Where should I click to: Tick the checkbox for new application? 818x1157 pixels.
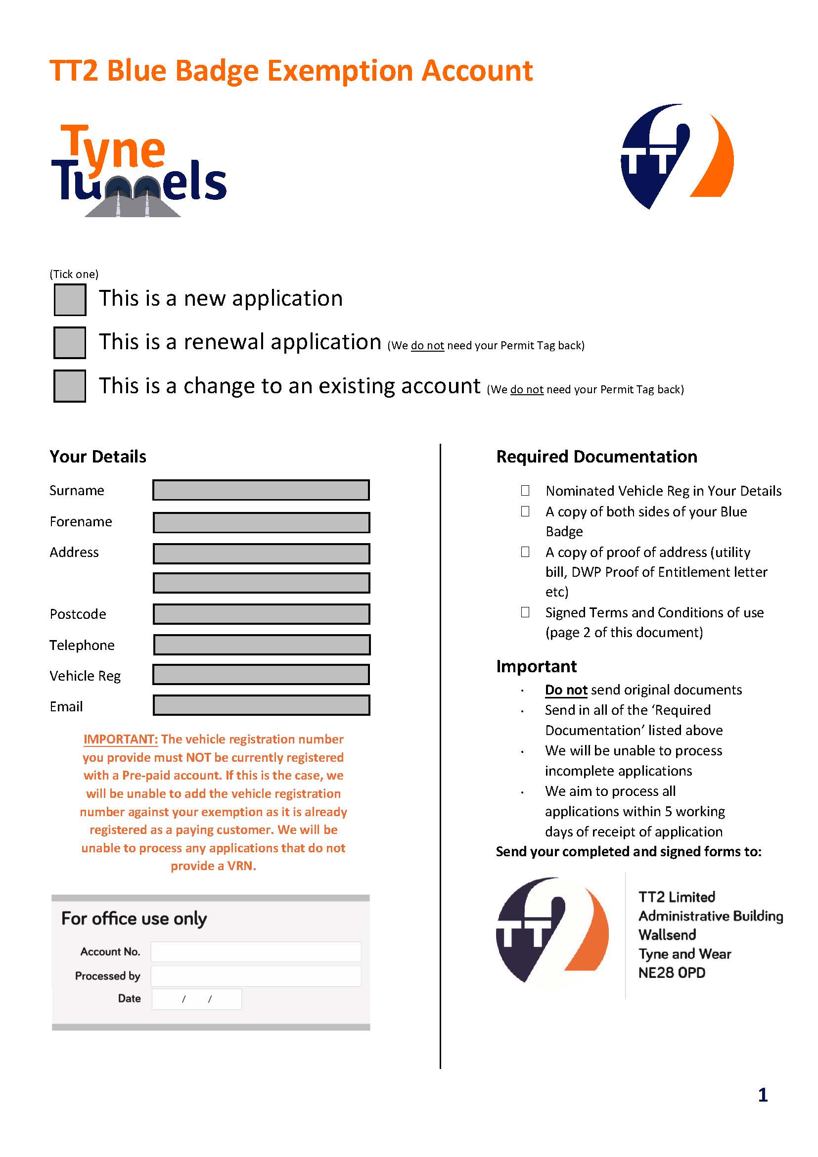point(70,300)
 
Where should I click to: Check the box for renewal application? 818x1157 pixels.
point(70,343)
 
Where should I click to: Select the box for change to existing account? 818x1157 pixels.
point(70,386)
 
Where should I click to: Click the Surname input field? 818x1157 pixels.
point(261,490)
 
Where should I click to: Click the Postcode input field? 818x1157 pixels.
point(261,614)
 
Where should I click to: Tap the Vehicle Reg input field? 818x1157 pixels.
point(261,675)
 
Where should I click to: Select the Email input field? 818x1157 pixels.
point(261,705)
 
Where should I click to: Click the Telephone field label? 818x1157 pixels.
point(82,645)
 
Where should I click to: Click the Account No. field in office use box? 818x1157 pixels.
point(255,952)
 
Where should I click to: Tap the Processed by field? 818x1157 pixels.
point(255,976)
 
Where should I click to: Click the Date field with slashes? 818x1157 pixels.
point(196,999)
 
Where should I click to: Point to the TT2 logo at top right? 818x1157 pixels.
point(677,156)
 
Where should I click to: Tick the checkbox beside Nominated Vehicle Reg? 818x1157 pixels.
point(525,490)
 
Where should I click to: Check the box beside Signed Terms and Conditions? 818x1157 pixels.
point(525,612)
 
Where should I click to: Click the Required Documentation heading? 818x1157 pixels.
point(596,457)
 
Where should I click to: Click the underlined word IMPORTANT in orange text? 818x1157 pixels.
point(121,739)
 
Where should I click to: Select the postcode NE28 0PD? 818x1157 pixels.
point(672,973)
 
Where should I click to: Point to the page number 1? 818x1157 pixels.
point(763,1095)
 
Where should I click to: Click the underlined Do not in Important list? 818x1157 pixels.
point(566,690)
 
